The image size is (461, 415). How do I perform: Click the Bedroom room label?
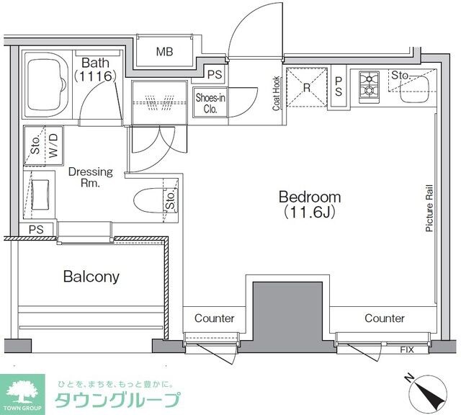click(x=310, y=197)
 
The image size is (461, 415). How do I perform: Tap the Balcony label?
click(x=91, y=276)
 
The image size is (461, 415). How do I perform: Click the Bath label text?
click(x=94, y=63)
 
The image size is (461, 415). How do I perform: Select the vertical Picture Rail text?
click(x=429, y=206)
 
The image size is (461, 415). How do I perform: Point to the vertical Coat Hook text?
click(x=275, y=94)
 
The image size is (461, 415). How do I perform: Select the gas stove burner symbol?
click(x=368, y=84)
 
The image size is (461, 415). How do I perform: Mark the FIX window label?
click(x=407, y=349)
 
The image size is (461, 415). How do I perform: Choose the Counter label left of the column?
click(x=214, y=318)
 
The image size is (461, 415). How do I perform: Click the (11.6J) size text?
click(x=310, y=213)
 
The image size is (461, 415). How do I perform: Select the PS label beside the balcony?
click(x=36, y=230)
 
